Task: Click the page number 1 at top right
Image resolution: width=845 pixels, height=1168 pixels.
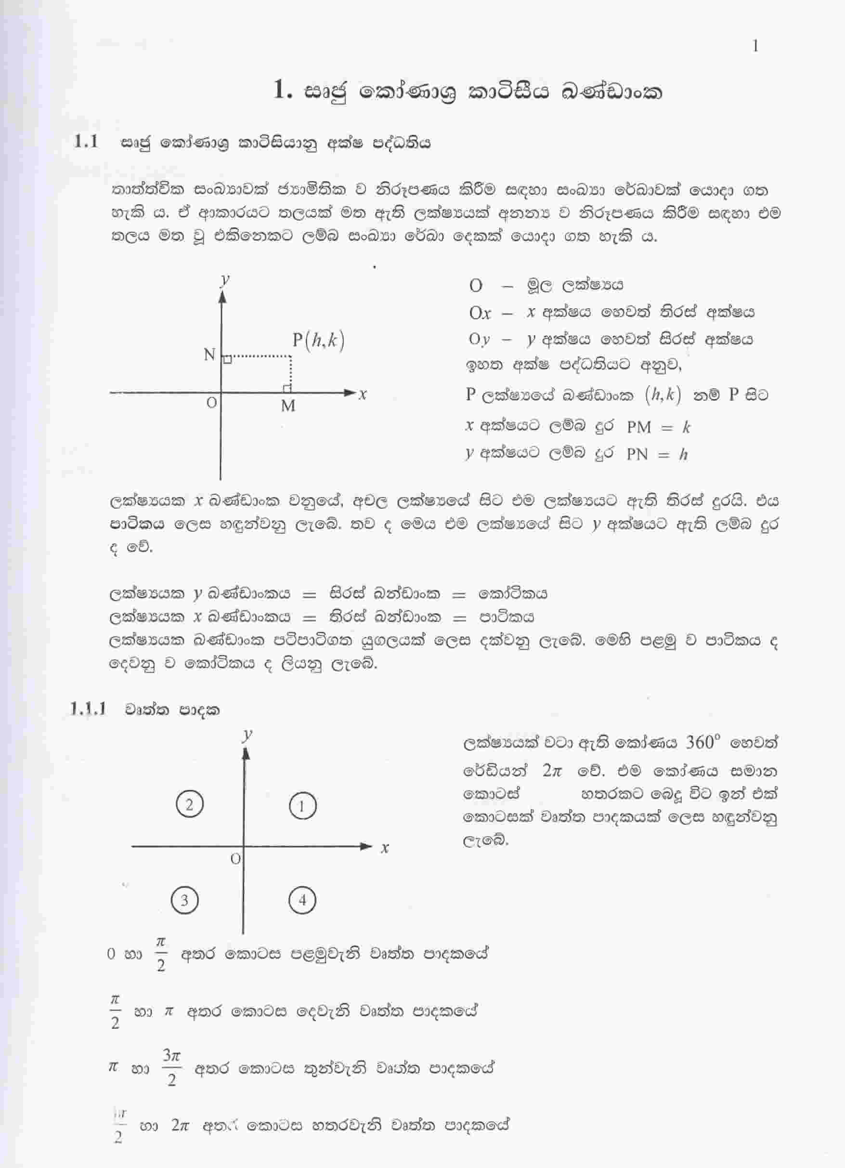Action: [755, 47]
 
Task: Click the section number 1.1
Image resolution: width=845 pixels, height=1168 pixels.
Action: [86, 142]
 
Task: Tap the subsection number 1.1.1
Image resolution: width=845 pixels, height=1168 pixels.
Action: [88, 709]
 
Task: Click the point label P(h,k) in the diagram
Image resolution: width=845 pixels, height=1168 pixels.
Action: [318, 341]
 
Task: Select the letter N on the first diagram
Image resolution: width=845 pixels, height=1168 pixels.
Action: [209, 355]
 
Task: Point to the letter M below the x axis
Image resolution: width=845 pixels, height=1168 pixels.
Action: [288, 407]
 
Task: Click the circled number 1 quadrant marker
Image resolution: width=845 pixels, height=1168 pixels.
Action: [302, 806]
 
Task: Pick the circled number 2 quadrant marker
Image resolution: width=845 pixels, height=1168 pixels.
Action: [189, 804]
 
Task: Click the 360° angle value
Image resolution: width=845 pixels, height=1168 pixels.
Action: [702, 742]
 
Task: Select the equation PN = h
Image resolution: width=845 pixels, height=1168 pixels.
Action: [657, 454]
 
